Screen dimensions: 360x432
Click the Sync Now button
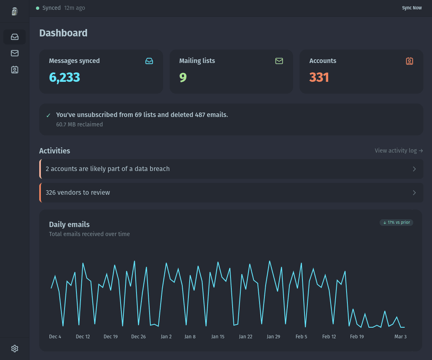[x=412, y=8]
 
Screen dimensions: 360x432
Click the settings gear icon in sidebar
[x=15, y=349]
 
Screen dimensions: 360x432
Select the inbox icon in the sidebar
[x=15, y=37]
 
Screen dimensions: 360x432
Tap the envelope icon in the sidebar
[x=15, y=53]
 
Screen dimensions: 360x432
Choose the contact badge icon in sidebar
[x=15, y=70]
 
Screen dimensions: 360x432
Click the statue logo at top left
[x=15, y=11]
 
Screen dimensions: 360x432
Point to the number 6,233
[x=65, y=77]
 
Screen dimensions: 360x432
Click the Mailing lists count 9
[x=183, y=77]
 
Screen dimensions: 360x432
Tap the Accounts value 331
[x=319, y=77]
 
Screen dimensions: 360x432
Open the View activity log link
[x=398, y=151]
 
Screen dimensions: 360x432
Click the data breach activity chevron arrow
[x=414, y=169]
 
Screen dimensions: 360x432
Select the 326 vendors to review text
[x=78, y=193]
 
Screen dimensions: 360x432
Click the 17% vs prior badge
[x=396, y=223]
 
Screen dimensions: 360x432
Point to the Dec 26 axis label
[x=139, y=337]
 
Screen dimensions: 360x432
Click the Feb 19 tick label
[x=357, y=337]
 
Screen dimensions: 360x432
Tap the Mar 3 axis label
[x=400, y=337]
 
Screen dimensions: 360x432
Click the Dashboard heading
[x=63, y=33]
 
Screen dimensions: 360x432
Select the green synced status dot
[x=38, y=8]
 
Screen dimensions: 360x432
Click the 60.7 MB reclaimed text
[x=79, y=124]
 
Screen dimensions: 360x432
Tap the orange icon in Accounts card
[x=409, y=61]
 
